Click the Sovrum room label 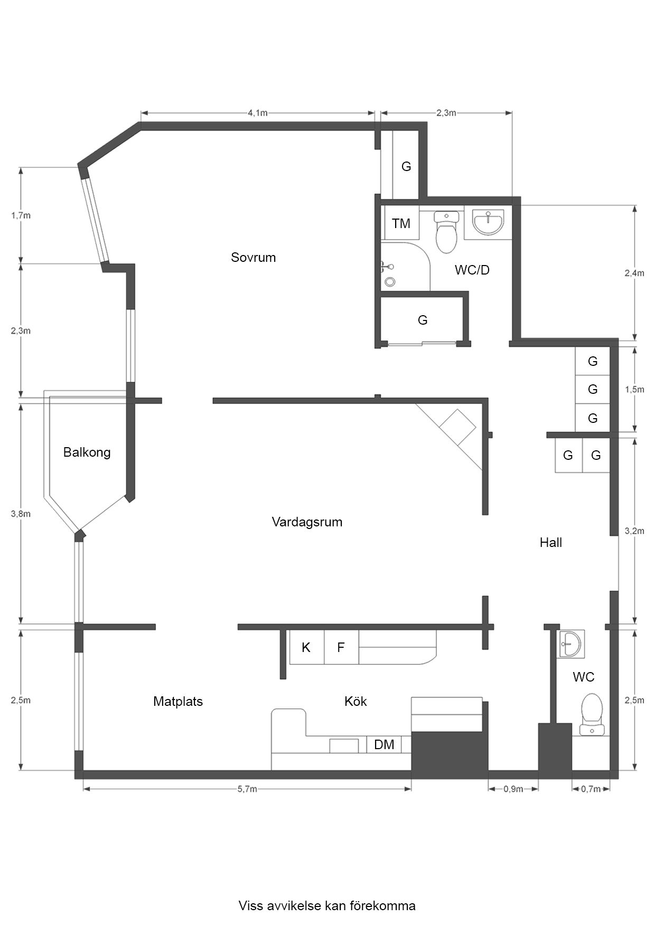coord(253,258)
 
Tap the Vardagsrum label coord(307,522)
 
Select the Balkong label coord(87,452)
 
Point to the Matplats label coord(178,702)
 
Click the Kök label coord(355,702)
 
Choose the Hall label coord(550,543)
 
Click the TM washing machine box coord(401,223)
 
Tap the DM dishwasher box coord(384,745)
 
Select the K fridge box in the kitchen coord(306,647)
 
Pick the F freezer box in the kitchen coord(341,647)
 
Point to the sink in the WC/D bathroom coord(488,222)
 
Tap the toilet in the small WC coord(592,714)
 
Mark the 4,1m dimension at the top coord(257,113)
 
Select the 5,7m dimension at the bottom coord(247,789)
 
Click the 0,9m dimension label coord(513,789)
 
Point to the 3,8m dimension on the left coord(21,514)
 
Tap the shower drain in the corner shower coord(390,281)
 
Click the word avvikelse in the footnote coord(294,906)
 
